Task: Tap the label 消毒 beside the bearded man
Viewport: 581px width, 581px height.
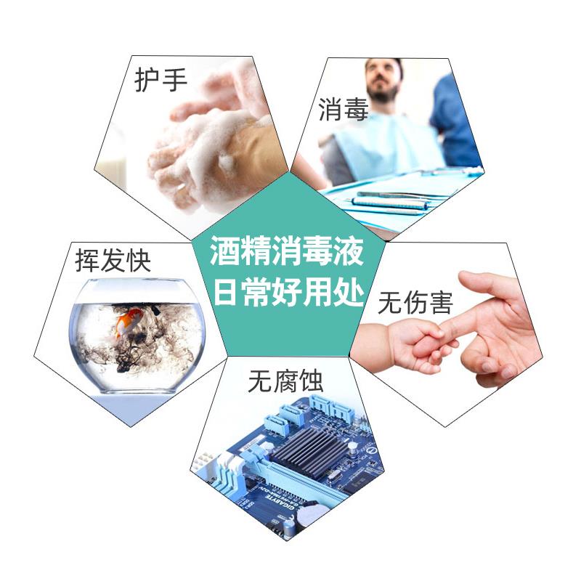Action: [343, 110]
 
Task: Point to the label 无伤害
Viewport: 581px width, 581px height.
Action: [415, 303]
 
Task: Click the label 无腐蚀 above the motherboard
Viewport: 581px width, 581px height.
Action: [285, 379]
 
